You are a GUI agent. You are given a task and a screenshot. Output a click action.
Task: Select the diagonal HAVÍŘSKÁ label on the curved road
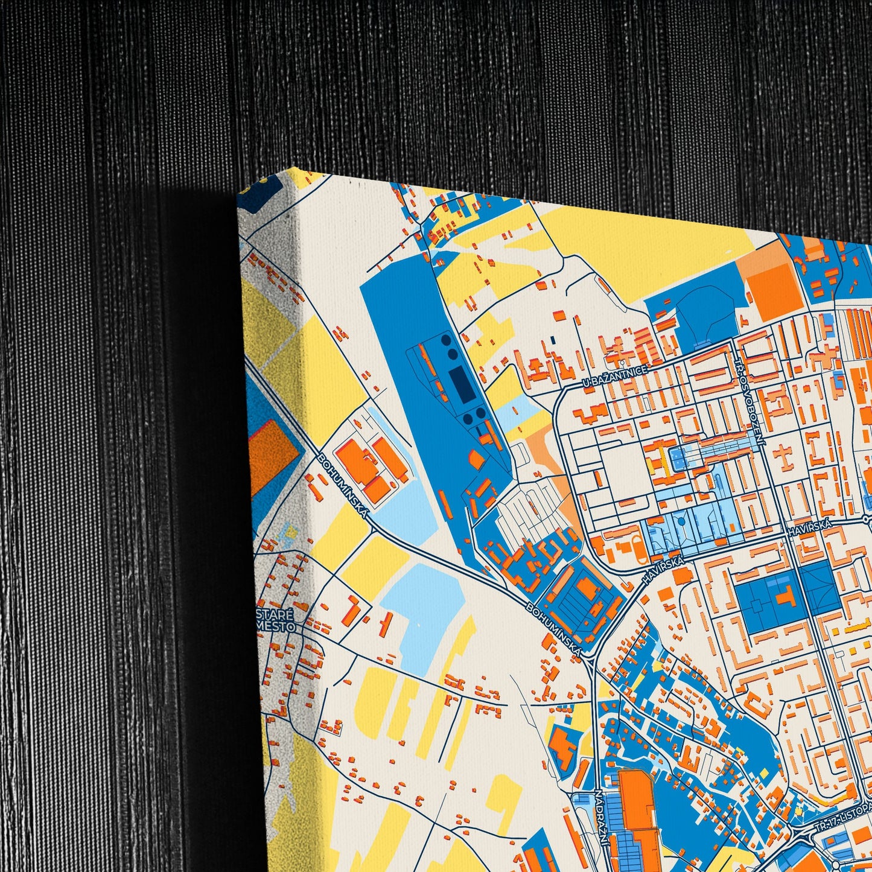tap(663, 569)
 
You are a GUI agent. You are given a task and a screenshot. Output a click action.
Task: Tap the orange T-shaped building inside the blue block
tap(784, 597)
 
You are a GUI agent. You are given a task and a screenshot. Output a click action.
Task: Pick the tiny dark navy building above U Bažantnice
tap(552, 340)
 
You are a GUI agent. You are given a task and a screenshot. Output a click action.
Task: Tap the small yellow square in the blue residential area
tap(764, 772)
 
